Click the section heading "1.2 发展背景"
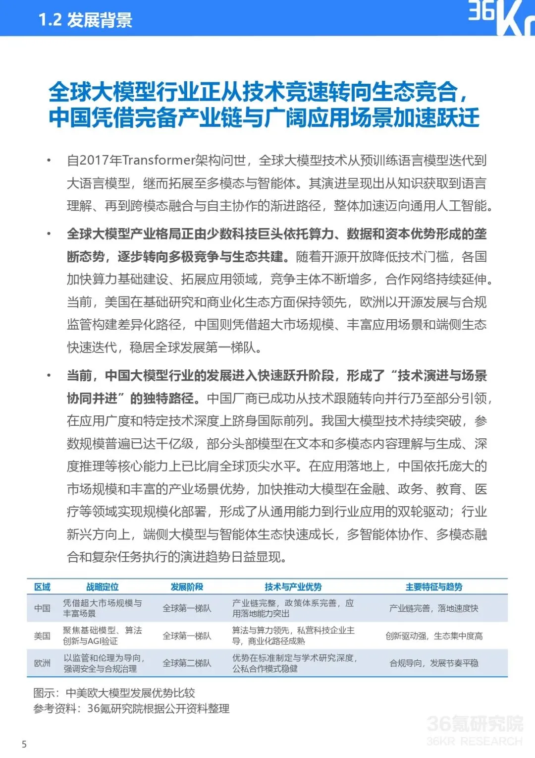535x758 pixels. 85,20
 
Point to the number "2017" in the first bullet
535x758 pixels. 94,160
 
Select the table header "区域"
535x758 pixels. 42,587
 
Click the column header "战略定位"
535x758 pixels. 103,587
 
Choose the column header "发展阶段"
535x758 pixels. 187,587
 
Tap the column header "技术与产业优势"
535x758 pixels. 293,587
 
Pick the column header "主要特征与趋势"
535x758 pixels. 433,587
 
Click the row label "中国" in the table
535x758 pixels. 42,608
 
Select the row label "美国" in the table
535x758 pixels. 42,636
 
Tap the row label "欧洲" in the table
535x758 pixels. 42,663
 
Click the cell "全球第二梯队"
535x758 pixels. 187,663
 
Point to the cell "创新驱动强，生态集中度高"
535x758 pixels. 434,636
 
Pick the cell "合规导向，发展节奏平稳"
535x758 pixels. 434,663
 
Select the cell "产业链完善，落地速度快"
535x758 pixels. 434,608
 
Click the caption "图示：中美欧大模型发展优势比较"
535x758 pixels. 114,693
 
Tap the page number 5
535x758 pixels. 24,744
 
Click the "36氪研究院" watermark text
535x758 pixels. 474,724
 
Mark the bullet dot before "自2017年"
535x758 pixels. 49,160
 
